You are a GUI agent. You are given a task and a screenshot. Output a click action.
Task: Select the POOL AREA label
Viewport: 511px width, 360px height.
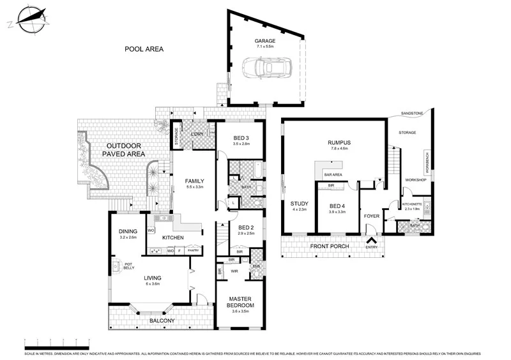(x=144, y=49)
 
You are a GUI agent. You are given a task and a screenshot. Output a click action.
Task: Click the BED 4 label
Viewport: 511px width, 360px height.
(x=337, y=206)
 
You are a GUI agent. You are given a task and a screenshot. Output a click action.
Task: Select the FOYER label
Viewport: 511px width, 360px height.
(x=372, y=216)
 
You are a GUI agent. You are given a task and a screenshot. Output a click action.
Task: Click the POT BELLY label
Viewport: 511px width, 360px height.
(x=128, y=266)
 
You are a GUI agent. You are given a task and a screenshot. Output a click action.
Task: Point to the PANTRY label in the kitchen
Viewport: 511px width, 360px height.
(x=194, y=251)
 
